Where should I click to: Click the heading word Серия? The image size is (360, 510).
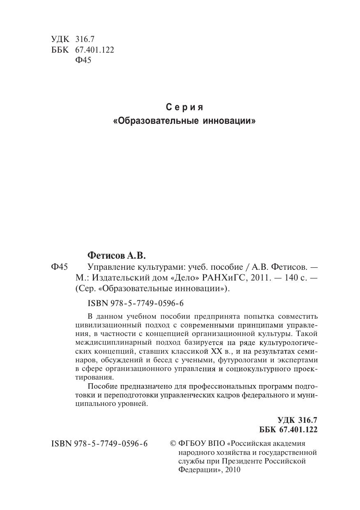(x=185, y=108)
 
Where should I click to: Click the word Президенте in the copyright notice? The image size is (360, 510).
(x=241, y=461)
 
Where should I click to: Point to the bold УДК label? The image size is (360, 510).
(x=286, y=420)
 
